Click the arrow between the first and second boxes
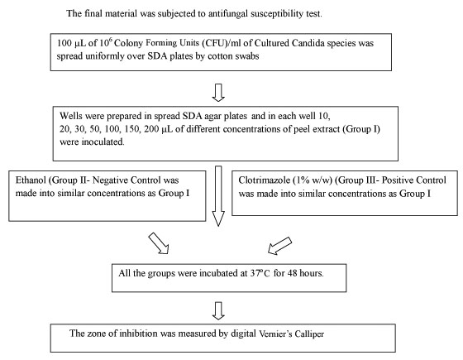tap(218, 93)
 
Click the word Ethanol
tap(31, 180)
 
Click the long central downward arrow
tap(218, 196)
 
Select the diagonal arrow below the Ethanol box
tap(159, 243)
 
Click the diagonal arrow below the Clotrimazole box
tap(280, 245)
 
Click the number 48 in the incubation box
tap(292, 273)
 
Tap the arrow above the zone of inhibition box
tap(218, 310)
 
